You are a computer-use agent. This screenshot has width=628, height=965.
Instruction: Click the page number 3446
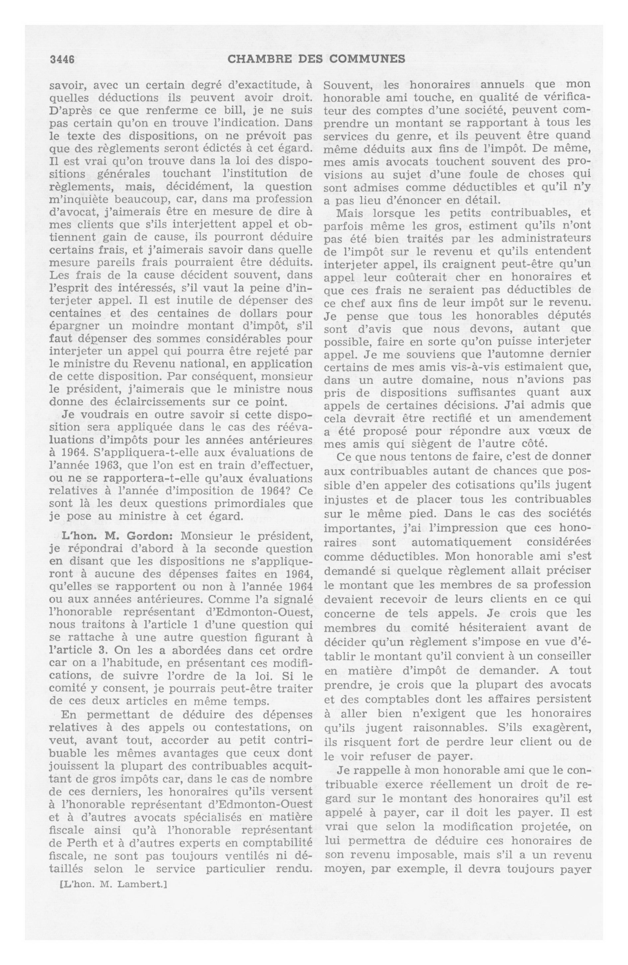pos(62,60)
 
